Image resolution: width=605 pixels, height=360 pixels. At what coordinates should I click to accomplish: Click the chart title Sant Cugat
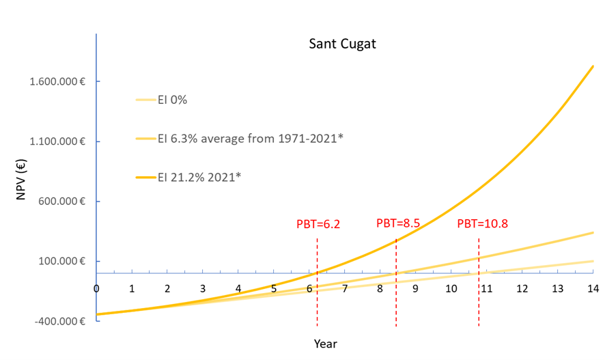(342, 44)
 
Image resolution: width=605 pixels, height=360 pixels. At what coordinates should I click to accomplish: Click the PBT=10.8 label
(482, 223)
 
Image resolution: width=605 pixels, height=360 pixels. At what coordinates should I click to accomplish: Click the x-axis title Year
(325, 343)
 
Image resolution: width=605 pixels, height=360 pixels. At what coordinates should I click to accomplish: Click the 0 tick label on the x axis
(96, 288)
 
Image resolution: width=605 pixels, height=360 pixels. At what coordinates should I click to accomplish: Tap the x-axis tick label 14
(593, 288)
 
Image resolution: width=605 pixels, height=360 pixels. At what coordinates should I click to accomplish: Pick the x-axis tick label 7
(345, 288)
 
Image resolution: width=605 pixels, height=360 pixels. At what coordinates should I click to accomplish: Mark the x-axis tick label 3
(203, 288)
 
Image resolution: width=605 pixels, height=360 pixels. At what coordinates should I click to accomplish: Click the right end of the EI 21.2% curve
(592, 67)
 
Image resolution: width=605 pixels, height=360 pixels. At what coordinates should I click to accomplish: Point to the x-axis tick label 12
(522, 288)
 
